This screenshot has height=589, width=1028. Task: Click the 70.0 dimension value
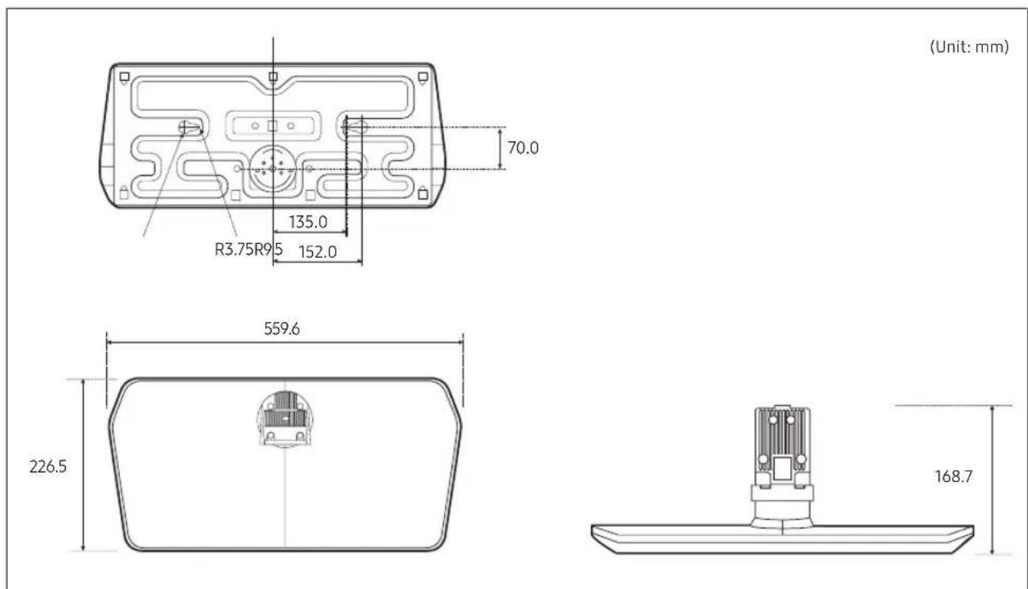(523, 148)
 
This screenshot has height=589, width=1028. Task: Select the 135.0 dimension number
(308, 223)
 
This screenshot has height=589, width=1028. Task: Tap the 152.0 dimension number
(318, 252)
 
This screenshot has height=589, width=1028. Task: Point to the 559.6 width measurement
(282, 329)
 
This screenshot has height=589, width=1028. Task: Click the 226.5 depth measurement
(48, 467)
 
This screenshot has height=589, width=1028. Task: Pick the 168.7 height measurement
(954, 476)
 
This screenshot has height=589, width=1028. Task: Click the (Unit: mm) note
(969, 47)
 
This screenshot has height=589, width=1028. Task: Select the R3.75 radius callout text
(234, 250)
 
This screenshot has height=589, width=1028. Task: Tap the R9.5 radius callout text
(268, 250)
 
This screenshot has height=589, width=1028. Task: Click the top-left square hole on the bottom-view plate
(124, 77)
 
